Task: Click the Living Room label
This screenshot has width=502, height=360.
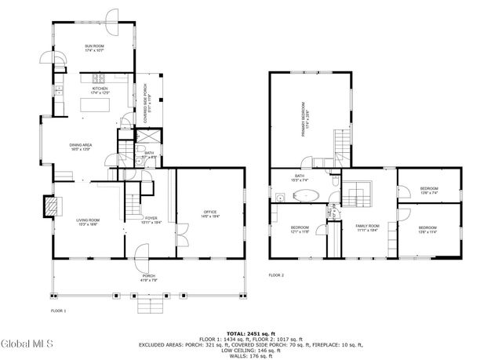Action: pos(86,223)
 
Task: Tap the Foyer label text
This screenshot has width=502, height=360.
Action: pos(150,220)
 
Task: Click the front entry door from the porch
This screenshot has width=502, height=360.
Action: pos(142,253)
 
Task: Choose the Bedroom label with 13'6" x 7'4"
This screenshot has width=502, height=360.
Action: pos(428,191)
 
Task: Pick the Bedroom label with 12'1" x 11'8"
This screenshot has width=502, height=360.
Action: pos(300,229)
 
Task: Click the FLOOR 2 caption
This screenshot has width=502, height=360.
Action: pos(276,275)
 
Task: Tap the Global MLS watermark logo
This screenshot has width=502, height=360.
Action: pos(26,344)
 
